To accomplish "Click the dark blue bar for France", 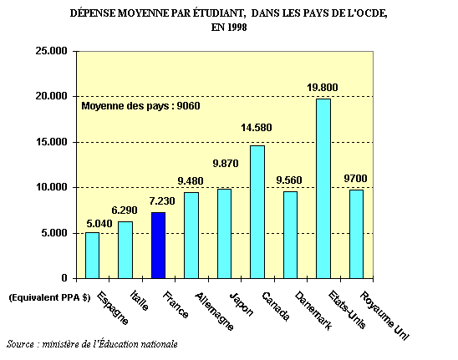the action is tap(159, 246).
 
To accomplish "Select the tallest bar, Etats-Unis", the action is tap(323, 189).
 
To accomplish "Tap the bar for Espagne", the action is tap(92, 256).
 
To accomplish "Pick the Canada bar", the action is tap(257, 212).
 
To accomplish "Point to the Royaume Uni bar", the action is tap(356, 234).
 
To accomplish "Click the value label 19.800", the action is tap(322, 88).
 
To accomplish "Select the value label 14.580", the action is tap(257, 128).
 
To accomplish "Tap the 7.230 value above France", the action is tap(162, 200).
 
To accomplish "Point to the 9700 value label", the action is tap(355, 178).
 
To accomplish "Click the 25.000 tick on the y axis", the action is tap(52, 51).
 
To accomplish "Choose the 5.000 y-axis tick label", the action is tap(54, 233).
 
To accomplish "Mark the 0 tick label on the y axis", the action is tap(64, 278).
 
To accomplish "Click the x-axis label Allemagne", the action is tap(215, 311).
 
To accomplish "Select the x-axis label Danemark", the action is tap(313, 311).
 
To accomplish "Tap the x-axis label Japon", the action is tap(242, 304).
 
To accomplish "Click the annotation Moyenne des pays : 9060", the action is tap(140, 106).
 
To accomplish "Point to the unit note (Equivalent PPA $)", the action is tap(49, 297).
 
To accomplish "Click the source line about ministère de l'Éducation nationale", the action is tap(92, 343).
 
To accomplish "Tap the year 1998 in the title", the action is tap(237, 28).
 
